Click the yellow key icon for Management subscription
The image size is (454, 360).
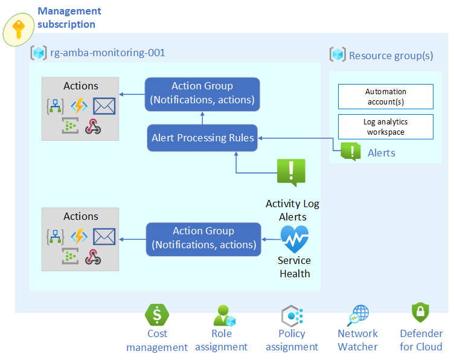coord(19,31)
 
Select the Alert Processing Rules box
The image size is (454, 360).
coord(202,138)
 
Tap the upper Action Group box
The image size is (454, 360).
coord(202,94)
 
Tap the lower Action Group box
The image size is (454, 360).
coord(204,238)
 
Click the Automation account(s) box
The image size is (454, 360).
coord(385,97)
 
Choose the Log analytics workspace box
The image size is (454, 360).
coord(385,127)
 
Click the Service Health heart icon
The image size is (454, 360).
coord(294,239)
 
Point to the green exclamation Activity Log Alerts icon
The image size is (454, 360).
coord(291,172)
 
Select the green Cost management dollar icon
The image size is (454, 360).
coord(157,315)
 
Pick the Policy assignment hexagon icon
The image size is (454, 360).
coord(292,315)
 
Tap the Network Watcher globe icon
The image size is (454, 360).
coord(357,315)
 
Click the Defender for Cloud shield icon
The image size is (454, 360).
coord(420,313)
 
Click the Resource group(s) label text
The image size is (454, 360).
coord(391,56)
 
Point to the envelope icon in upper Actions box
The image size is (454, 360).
coord(104,106)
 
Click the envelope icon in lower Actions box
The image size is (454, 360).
coord(104,236)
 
